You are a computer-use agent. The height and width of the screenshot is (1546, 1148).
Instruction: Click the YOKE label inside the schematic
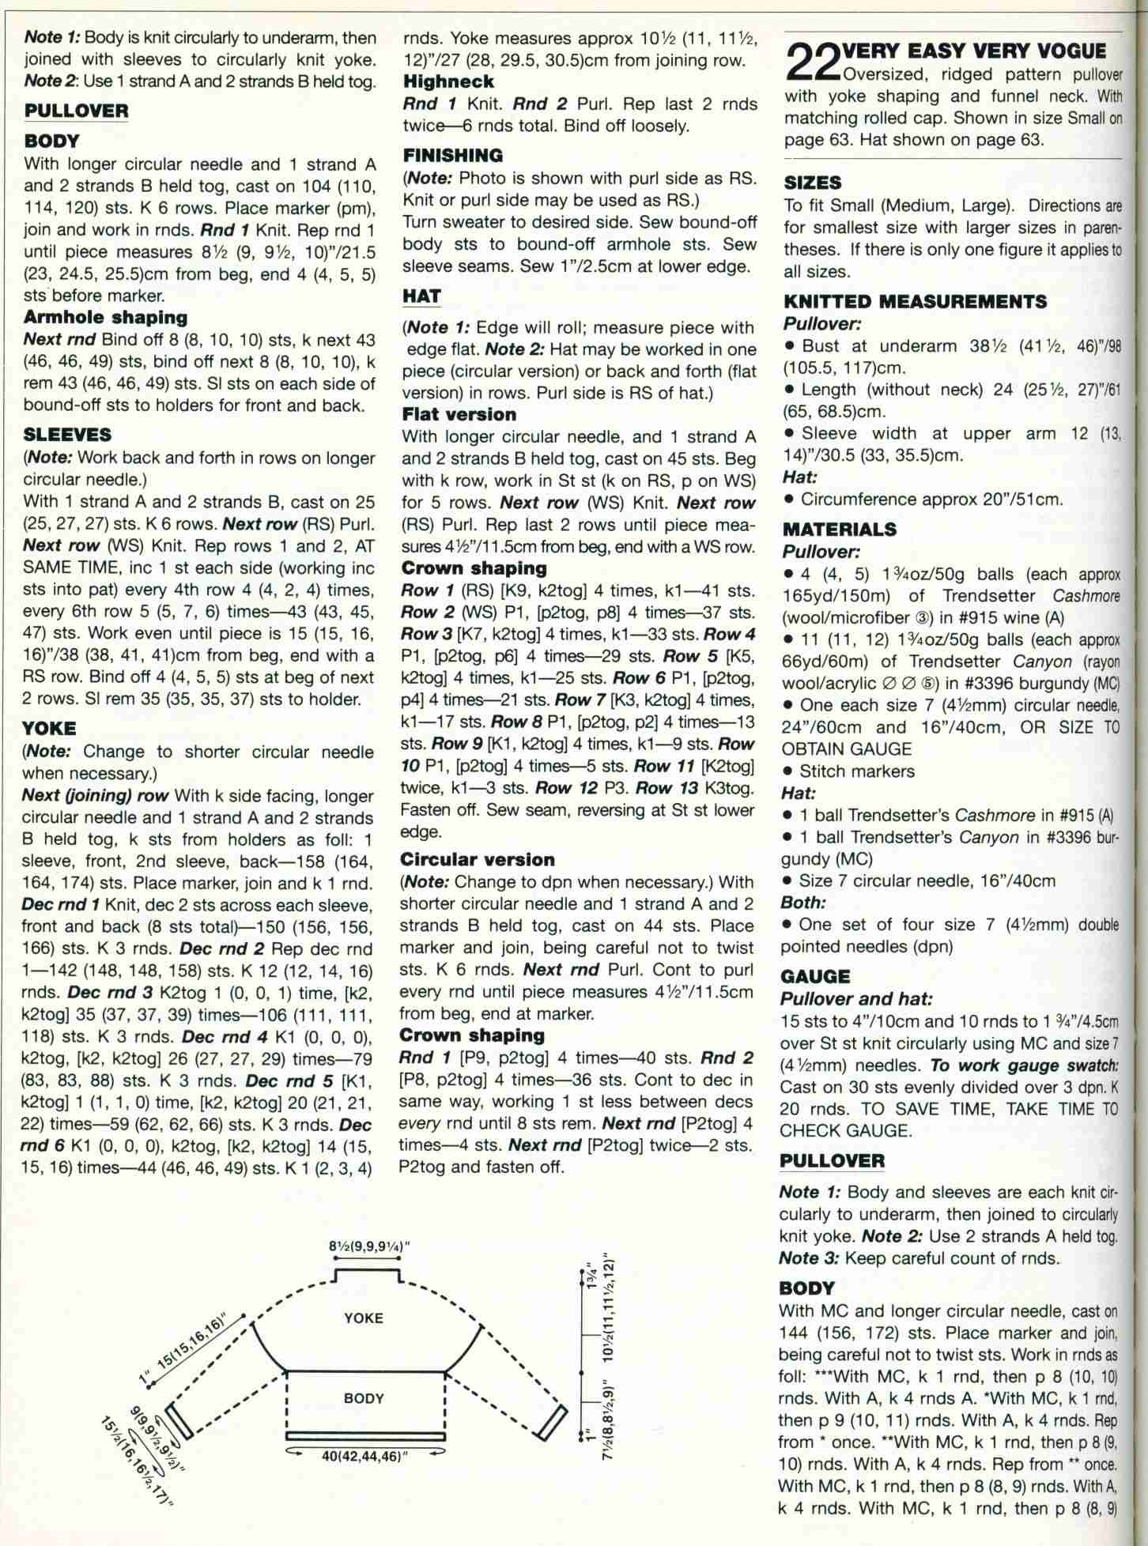click(364, 1318)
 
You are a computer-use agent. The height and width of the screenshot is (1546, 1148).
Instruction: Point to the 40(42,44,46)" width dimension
click(364, 1456)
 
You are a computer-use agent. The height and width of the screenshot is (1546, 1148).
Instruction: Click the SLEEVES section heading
click(67, 435)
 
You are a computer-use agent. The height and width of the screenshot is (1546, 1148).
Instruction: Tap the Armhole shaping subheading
click(105, 318)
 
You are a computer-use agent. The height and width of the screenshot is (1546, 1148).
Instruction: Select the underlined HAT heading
click(421, 296)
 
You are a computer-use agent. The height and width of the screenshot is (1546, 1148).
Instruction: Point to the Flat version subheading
click(459, 414)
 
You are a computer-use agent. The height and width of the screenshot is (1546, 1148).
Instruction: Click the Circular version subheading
click(478, 859)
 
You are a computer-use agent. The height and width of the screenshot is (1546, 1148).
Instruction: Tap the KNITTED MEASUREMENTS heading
click(915, 301)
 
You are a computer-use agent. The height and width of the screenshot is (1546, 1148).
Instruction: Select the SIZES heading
click(812, 183)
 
